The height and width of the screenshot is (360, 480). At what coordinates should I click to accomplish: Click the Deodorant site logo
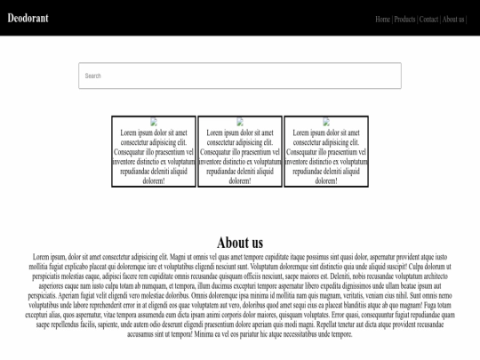28,18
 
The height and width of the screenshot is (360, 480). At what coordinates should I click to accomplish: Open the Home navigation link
382,19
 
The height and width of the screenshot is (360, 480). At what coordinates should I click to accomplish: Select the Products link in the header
404,19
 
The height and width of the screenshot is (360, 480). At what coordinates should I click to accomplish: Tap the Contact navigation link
428,19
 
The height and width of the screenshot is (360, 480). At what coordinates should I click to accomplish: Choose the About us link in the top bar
453,19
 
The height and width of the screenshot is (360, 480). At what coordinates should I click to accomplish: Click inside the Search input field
240,76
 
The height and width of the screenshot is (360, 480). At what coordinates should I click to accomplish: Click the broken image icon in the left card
154,122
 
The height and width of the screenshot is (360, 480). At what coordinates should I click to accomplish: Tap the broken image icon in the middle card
240,122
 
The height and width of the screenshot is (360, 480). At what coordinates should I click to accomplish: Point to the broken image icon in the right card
326,122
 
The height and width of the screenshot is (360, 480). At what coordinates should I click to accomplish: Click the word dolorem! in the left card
154,181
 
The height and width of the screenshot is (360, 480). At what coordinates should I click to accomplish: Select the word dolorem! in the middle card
240,181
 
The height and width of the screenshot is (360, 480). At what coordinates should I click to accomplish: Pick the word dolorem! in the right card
326,181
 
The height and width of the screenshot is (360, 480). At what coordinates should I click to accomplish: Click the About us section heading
240,243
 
